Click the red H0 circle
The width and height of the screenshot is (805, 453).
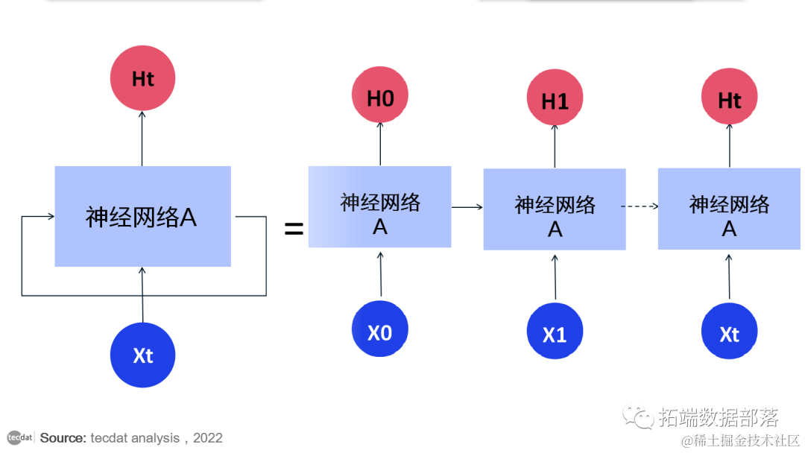(x=380, y=97)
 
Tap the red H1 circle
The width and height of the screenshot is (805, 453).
(x=555, y=100)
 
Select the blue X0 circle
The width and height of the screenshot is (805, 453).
(x=380, y=330)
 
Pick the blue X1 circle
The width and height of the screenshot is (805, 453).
(x=555, y=333)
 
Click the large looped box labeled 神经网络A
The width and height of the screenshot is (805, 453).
(x=142, y=217)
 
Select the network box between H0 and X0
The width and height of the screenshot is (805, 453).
(x=379, y=207)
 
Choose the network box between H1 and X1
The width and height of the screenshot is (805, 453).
(x=555, y=209)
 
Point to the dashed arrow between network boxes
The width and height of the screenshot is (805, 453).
(x=642, y=206)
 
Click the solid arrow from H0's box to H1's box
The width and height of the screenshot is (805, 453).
(x=467, y=207)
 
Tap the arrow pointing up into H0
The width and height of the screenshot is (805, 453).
(x=380, y=145)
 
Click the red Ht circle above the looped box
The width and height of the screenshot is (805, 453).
(x=142, y=78)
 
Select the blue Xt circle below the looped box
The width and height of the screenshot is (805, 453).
(x=142, y=355)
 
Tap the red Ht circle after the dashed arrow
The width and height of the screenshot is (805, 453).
(x=730, y=98)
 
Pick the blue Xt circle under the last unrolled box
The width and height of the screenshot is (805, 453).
(x=730, y=333)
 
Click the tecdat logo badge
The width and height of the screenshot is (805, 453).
(x=19, y=437)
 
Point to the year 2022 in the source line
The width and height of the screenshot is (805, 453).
(x=208, y=438)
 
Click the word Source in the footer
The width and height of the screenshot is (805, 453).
(x=63, y=438)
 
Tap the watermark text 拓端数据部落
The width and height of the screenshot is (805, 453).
(x=719, y=417)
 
